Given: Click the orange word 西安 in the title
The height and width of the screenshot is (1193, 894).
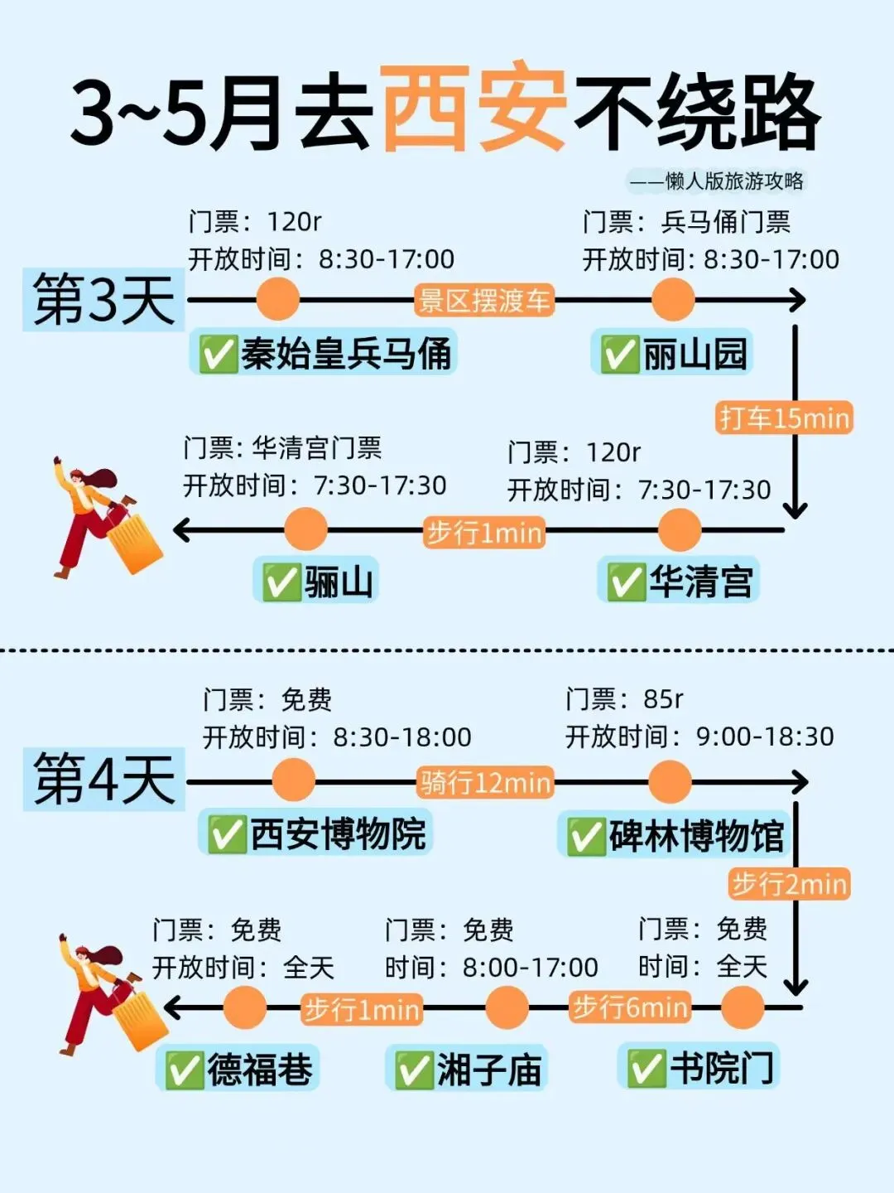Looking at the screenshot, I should (473, 108).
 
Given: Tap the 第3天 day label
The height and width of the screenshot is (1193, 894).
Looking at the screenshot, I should (103, 300).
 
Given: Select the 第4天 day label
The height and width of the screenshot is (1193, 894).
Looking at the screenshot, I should (104, 779).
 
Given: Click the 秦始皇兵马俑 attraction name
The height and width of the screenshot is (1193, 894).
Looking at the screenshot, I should (345, 354).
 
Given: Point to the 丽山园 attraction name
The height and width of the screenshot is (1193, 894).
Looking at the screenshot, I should (695, 355).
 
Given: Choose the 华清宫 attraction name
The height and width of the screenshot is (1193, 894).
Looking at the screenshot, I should (700, 581).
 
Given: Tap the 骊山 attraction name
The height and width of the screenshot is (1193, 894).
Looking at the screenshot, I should (339, 582).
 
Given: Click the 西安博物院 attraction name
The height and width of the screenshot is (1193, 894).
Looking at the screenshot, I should (338, 833).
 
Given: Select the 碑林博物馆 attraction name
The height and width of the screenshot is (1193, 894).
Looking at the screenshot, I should (696, 835).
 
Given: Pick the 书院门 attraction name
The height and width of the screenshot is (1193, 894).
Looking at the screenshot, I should (721, 1067).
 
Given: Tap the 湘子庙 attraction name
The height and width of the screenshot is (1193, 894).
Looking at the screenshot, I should (488, 1070).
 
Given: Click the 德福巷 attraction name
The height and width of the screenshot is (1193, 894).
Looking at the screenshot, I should (259, 1070).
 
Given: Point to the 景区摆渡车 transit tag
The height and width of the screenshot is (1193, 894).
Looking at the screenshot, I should (484, 300).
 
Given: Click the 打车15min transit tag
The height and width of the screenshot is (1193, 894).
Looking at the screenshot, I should (784, 418).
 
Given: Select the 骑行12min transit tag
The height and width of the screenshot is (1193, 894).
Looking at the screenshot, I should (485, 782).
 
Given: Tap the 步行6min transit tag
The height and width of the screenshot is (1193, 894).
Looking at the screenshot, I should (630, 1007).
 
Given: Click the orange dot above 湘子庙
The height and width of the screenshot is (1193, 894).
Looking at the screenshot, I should (507, 1008).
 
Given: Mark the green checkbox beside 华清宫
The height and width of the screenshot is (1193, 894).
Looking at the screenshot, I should (626, 582).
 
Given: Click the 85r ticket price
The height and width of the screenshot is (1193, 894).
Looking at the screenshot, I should (662, 699).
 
